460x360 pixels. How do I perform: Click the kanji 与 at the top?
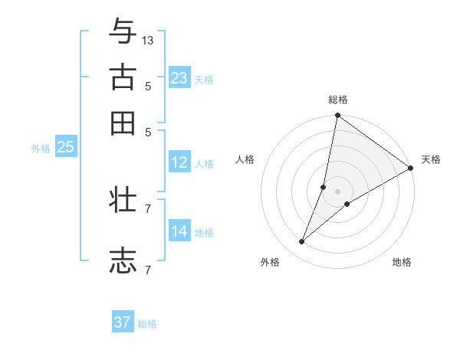coord(123,32)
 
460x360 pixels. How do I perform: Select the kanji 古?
coord(123,78)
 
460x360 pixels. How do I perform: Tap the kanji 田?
coord(123,123)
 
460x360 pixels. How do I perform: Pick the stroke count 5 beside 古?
coord(148,87)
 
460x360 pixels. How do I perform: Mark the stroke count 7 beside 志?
coord(148,270)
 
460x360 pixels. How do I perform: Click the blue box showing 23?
coord(179,78)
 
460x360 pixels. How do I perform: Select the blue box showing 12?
coord(179,162)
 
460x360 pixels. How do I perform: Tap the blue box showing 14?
coord(179,231)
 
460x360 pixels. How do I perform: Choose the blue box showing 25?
coord(66,147)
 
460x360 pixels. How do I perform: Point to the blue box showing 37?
coord(123,322)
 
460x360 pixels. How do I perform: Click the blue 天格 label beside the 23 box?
coord(204,80)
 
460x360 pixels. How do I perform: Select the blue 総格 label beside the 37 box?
coord(147,324)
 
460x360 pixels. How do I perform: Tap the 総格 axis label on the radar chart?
coord(338,100)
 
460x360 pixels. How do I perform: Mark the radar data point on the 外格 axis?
coord(302,242)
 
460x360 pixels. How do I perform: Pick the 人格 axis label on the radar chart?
coord(245,159)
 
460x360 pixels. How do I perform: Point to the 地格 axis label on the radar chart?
coord(402,262)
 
